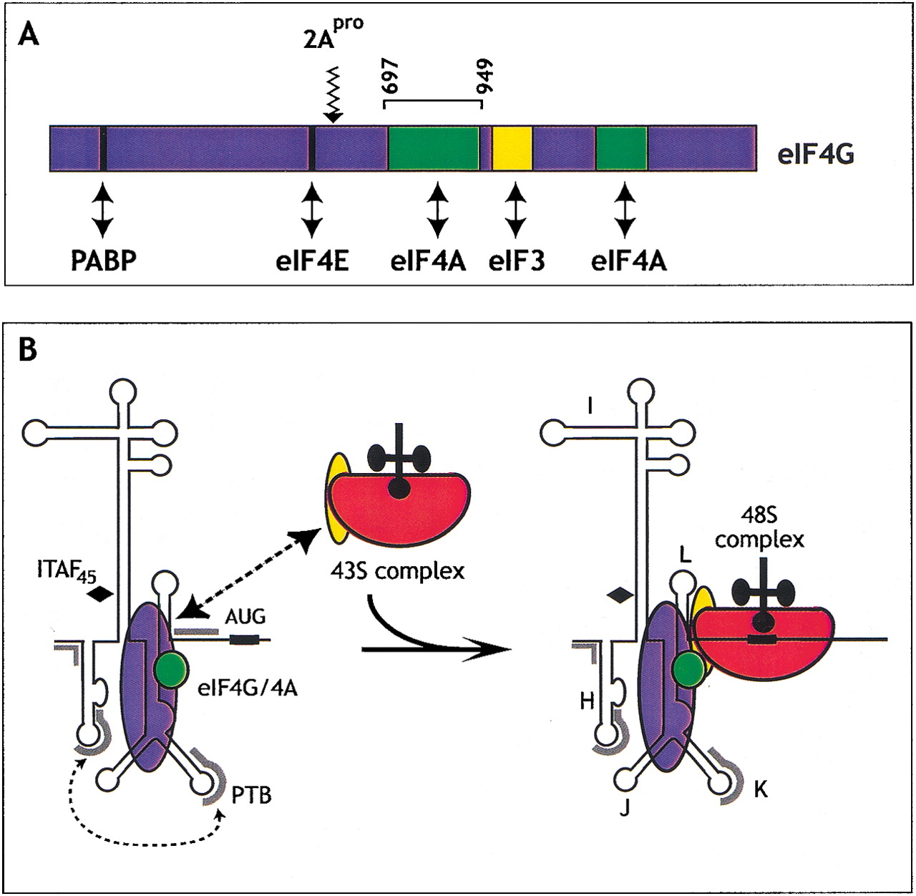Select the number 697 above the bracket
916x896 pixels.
(x=391, y=77)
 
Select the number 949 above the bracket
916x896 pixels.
(x=487, y=77)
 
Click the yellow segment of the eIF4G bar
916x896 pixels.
(x=512, y=148)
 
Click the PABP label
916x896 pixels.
(x=103, y=262)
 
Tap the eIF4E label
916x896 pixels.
(x=312, y=262)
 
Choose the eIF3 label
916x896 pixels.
(x=516, y=262)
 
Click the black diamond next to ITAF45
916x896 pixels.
(x=99, y=593)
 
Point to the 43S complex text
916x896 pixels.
(x=397, y=570)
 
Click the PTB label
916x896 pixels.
(x=251, y=794)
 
